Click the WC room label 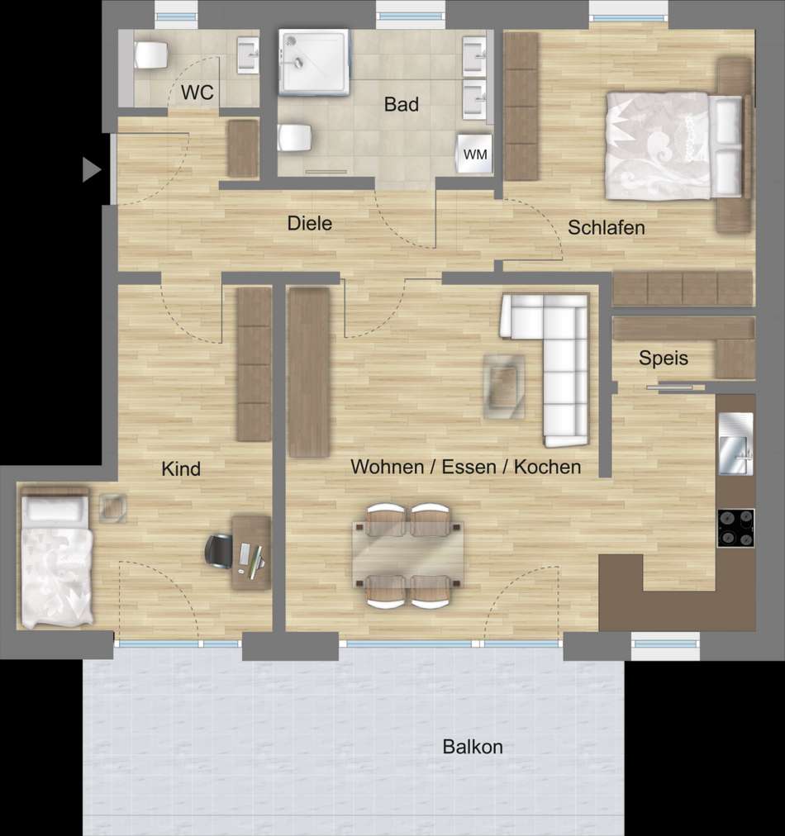(197, 93)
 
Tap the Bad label (401, 104)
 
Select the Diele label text (309, 223)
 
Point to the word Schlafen (607, 228)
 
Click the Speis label (664, 358)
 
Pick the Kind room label (181, 469)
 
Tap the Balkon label (473, 747)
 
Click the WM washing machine (474, 154)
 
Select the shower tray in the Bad (314, 63)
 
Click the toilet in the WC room (151, 55)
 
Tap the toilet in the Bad (294, 138)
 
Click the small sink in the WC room (248, 55)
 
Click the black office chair (219, 551)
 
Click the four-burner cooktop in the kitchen (736, 528)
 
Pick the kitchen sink (736, 444)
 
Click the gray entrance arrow (91, 169)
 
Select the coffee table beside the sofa (504, 386)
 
